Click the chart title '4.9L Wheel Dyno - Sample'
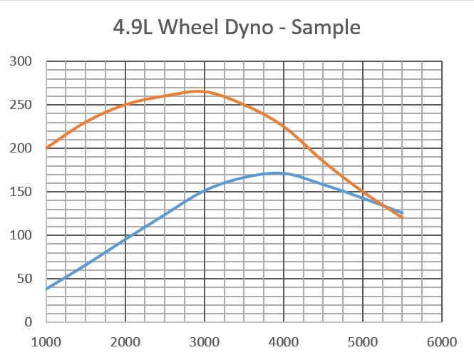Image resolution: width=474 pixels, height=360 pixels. tap(237, 29)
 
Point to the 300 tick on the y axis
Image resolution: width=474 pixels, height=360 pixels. tap(24, 62)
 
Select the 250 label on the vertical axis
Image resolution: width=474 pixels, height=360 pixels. tap(24, 106)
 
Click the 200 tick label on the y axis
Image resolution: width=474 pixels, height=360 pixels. tap(24, 148)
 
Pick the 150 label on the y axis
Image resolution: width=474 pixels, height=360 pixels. tap(24, 192)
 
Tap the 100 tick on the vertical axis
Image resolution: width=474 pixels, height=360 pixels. tap(24, 235)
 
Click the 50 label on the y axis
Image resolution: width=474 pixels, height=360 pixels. tap(27, 279)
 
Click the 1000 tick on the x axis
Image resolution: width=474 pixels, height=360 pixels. tap(46, 341)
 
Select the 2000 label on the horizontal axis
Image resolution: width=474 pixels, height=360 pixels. tap(125, 341)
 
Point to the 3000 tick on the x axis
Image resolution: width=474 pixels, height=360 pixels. tap(205, 341)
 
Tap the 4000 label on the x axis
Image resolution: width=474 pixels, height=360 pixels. tap(284, 341)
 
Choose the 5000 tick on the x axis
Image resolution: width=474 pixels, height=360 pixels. tap(363, 341)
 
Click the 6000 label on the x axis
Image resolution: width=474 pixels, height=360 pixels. tap(442, 341)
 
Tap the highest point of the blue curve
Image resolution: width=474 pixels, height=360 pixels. tap(278, 173)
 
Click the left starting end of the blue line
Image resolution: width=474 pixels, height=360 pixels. tap(46, 289)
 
